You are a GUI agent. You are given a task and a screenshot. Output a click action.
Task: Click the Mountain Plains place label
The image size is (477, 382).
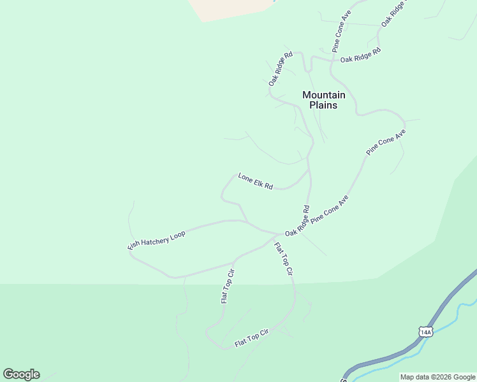(x=323, y=100)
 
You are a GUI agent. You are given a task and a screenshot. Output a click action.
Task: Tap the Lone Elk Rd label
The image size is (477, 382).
(x=255, y=181)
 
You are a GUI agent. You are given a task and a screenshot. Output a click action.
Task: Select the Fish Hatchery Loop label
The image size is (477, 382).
(x=157, y=240)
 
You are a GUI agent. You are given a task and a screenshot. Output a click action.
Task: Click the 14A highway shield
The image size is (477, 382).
(x=425, y=332)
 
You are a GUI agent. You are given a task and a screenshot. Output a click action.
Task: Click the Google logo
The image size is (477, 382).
(x=21, y=374)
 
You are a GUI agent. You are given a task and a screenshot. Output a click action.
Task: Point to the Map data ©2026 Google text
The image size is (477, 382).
(x=437, y=377)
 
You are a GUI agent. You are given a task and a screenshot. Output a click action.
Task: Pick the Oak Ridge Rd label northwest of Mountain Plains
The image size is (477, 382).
(x=280, y=69)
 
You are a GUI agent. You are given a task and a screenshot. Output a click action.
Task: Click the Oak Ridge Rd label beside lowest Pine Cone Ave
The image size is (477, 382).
(x=297, y=221)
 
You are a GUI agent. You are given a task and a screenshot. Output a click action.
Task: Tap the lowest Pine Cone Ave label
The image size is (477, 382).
(x=330, y=208)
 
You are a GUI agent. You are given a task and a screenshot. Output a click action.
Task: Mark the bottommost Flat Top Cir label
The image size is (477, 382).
(x=252, y=338)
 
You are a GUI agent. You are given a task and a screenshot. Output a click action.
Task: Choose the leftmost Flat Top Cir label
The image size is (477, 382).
(x=228, y=286)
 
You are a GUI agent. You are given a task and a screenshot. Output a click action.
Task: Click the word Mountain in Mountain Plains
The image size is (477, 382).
(x=323, y=95)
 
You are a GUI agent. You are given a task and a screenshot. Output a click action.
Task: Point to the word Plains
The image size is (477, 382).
(x=323, y=105)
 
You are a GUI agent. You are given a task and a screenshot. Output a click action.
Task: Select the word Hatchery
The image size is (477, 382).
(x=157, y=240)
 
